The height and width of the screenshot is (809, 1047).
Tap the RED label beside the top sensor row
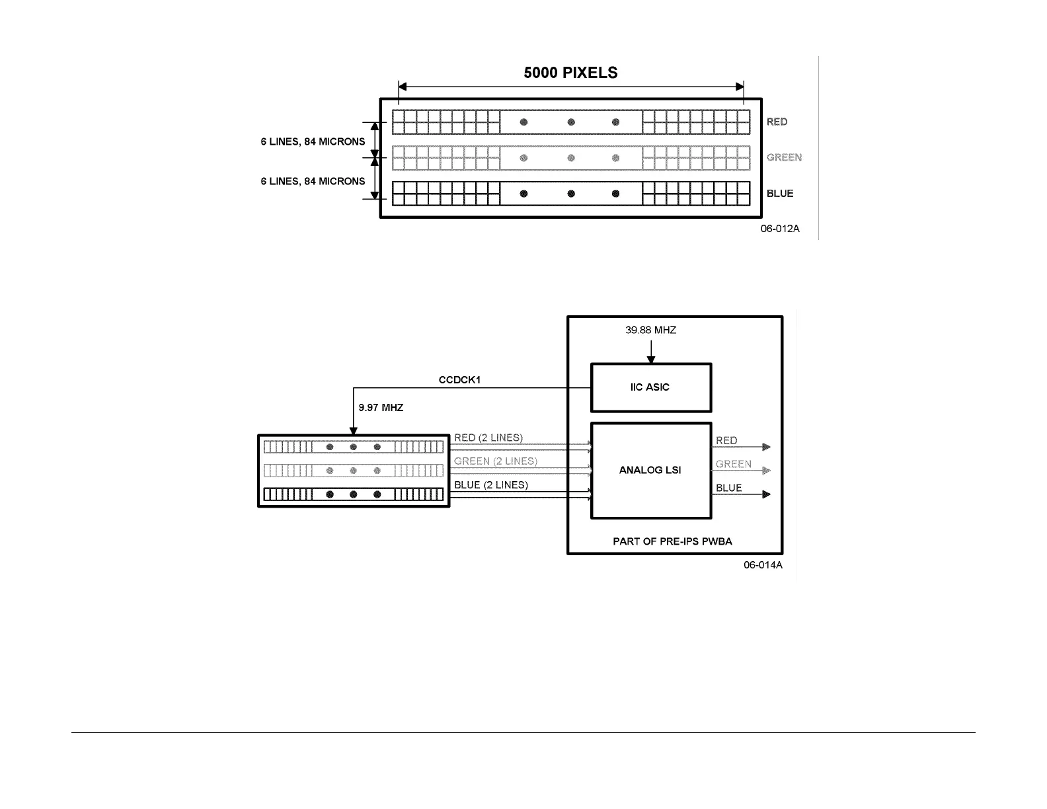(777, 122)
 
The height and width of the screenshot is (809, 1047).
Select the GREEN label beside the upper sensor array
(784, 157)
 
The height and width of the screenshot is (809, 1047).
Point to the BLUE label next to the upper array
(780, 194)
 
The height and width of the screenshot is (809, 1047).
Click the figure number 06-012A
(779, 229)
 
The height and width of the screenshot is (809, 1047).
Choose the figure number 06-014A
(763, 565)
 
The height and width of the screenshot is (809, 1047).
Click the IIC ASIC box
(650, 387)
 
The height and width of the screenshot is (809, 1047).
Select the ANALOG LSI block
(650, 471)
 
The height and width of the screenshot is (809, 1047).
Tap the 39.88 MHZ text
(650, 330)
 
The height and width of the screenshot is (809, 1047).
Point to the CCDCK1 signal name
(459, 380)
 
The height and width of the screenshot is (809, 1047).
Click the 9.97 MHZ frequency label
(381, 408)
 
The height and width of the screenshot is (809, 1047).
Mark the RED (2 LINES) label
(488, 438)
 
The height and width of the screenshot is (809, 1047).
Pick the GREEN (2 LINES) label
(496, 461)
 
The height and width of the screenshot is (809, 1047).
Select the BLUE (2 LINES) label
(491, 485)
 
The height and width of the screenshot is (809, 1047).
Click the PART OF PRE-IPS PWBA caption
(672, 541)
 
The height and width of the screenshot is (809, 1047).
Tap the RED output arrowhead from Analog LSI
(767, 447)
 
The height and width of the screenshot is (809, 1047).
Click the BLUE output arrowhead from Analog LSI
(767, 494)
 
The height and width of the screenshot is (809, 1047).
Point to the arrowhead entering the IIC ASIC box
(650, 360)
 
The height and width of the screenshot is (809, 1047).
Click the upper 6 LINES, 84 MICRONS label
(313, 141)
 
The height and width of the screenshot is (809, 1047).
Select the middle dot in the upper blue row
(571, 194)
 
